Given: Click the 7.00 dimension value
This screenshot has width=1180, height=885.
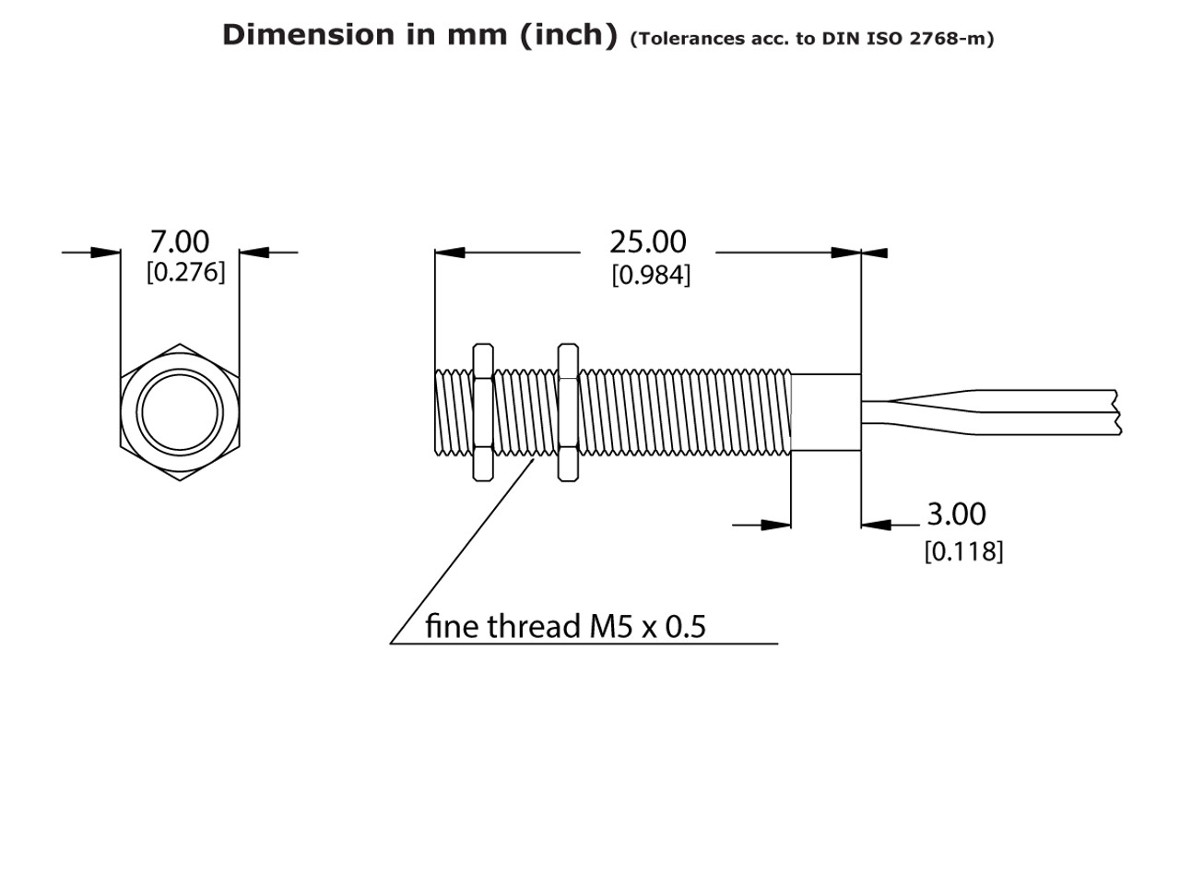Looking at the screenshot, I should [x=180, y=242].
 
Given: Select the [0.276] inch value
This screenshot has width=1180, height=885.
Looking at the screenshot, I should [x=185, y=273].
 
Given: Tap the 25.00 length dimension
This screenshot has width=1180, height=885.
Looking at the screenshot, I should [x=647, y=242].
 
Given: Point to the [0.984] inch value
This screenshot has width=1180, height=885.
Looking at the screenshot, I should [x=651, y=275].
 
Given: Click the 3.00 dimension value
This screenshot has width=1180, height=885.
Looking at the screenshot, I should [x=956, y=513].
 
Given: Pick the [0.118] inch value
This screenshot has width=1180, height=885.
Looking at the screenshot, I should [x=963, y=551].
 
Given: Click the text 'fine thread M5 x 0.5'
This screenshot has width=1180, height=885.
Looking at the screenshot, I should [x=564, y=627].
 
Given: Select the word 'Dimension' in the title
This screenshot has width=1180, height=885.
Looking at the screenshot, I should [x=307, y=35].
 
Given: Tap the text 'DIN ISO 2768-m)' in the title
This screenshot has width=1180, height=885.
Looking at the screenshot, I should [x=908, y=39].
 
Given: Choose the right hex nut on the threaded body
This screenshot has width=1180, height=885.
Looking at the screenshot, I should [x=568, y=412].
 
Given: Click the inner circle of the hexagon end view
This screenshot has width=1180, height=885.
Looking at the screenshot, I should [x=180, y=412].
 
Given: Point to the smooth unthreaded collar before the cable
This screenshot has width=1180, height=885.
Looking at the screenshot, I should [x=826, y=412].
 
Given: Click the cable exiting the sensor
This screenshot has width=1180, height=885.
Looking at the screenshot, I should [x=1014, y=412].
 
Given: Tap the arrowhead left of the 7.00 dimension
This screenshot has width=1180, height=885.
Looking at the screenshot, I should [x=106, y=251].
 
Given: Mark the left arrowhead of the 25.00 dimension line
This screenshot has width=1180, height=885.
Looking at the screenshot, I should [x=449, y=252].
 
